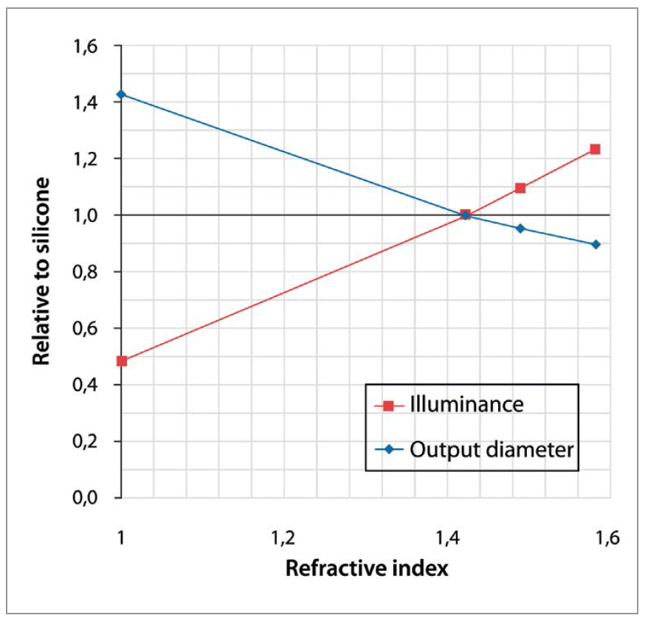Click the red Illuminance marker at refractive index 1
click(122, 361)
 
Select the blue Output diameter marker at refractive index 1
click(122, 94)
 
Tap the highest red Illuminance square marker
click(595, 149)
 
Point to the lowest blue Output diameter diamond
click(596, 244)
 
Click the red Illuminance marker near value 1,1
click(520, 188)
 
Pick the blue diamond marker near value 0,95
click(520, 229)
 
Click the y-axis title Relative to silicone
click(43, 271)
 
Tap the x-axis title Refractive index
click(366, 569)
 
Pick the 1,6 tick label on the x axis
click(604, 536)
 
